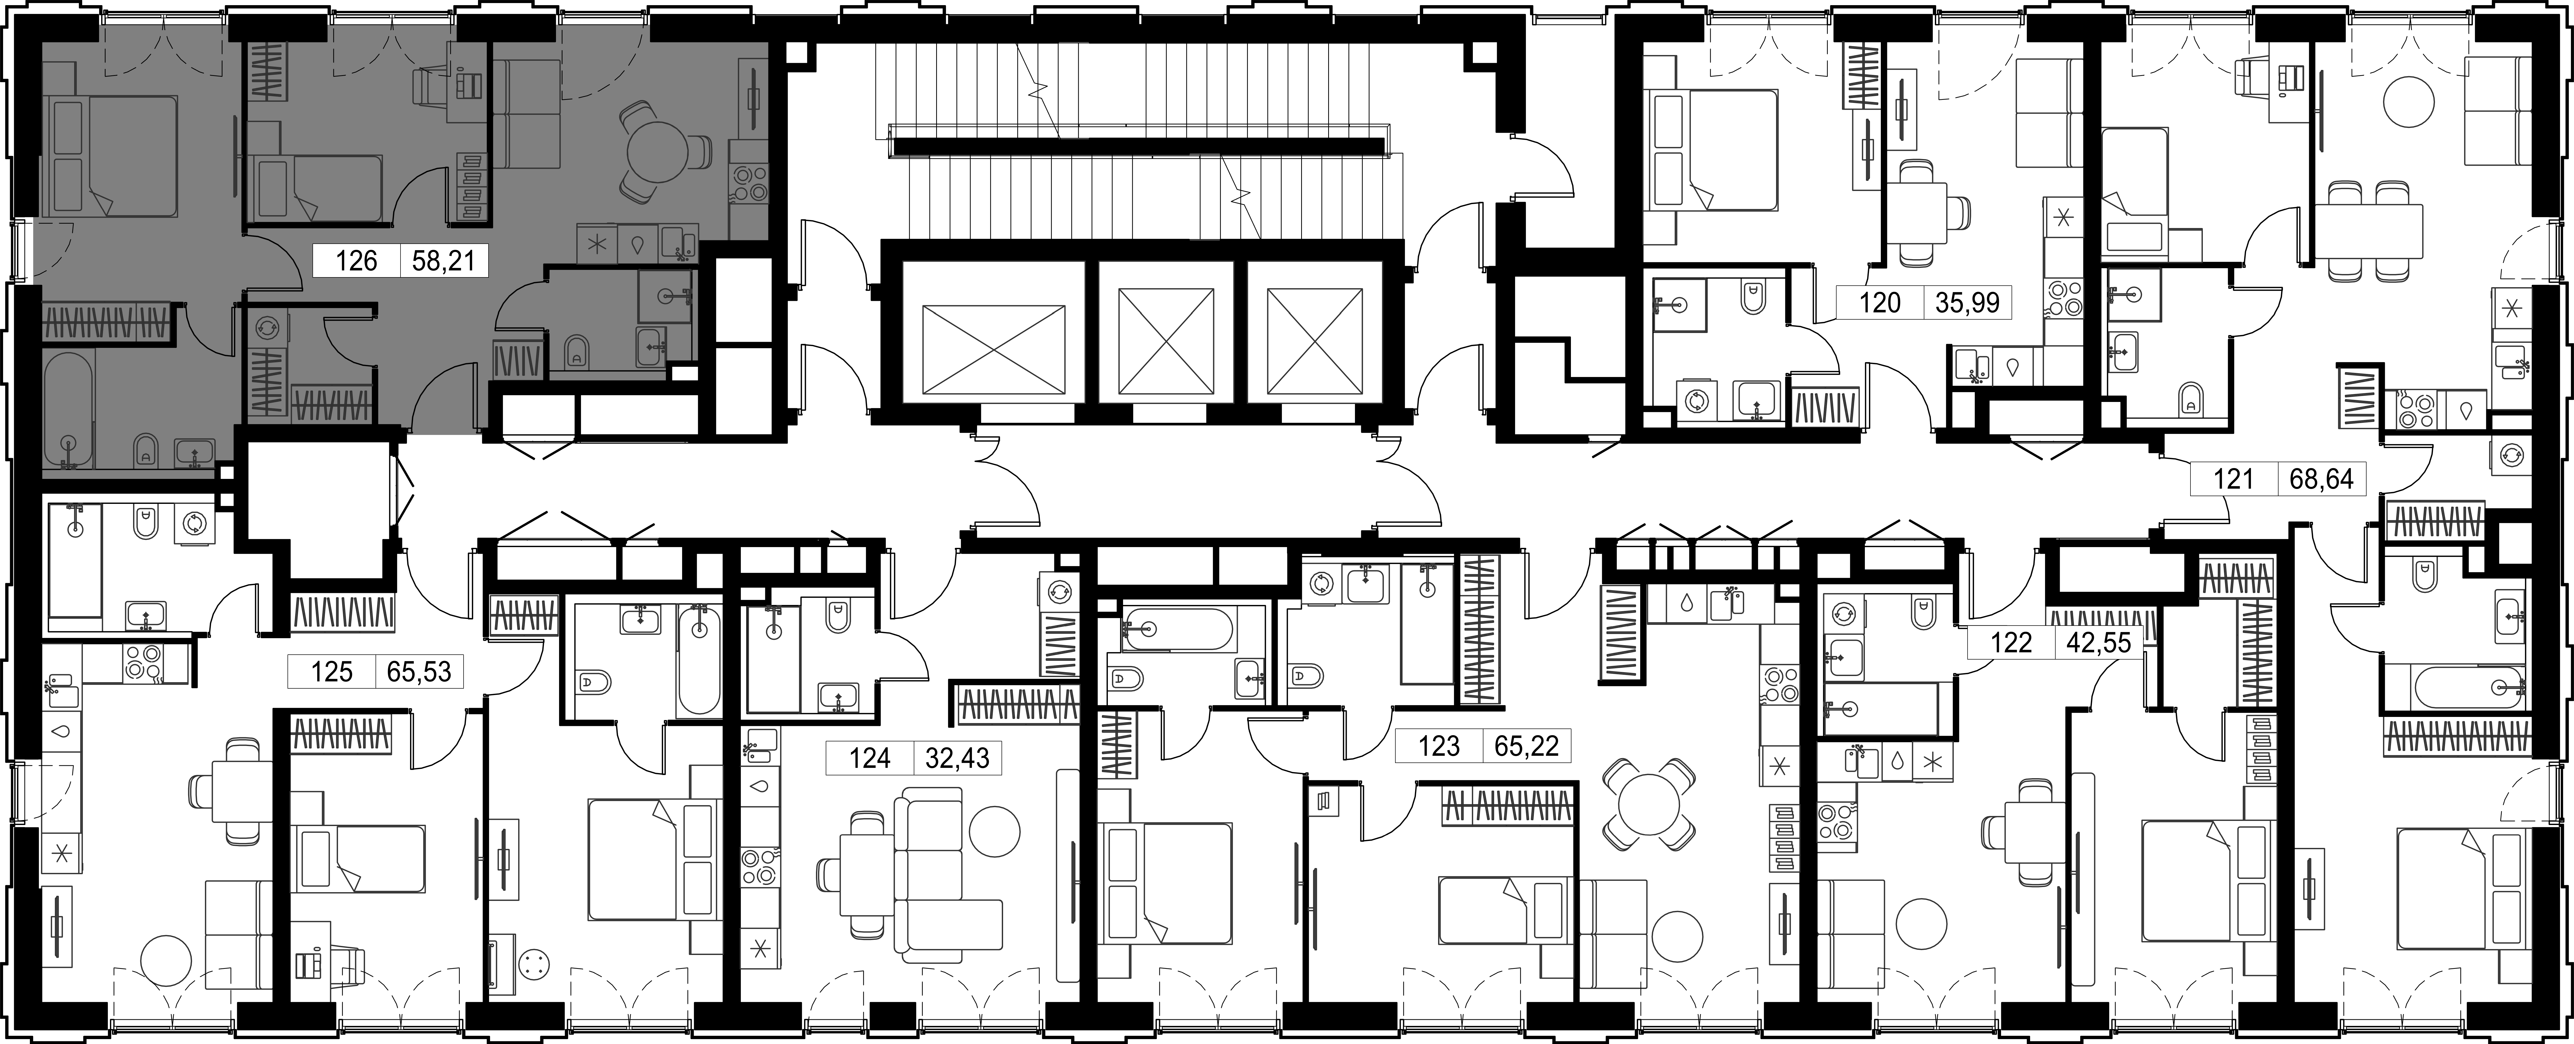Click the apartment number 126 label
(x=357, y=262)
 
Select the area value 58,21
(x=445, y=262)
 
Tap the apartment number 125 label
(x=332, y=671)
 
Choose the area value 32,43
(x=957, y=758)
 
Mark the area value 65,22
(x=1527, y=745)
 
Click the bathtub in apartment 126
(x=68, y=410)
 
